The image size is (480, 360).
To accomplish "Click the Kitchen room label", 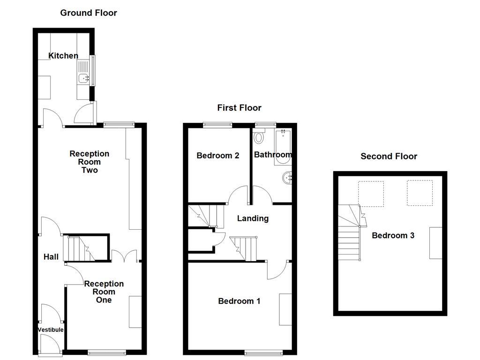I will pyautogui.click(x=64, y=56).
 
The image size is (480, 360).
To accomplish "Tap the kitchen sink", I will pyautogui.click(x=84, y=79).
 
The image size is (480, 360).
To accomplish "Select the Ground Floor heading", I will pyautogui.click(x=89, y=13).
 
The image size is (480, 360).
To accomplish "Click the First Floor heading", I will pyautogui.click(x=239, y=108).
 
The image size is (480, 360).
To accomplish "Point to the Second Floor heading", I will pyautogui.click(x=389, y=156).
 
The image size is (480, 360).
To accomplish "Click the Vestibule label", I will pyautogui.click(x=50, y=330).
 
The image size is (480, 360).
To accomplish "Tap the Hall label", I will pyautogui.click(x=51, y=256).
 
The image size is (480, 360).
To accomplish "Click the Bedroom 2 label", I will pyautogui.click(x=218, y=156).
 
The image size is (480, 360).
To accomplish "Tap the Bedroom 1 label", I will pyautogui.click(x=239, y=301).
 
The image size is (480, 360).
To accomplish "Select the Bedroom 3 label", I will pyautogui.click(x=393, y=235).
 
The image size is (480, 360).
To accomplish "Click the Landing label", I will pyautogui.click(x=253, y=218).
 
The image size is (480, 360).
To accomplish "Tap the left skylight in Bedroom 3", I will pyautogui.click(x=371, y=194).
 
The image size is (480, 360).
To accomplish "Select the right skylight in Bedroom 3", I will pyautogui.click(x=419, y=193).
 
